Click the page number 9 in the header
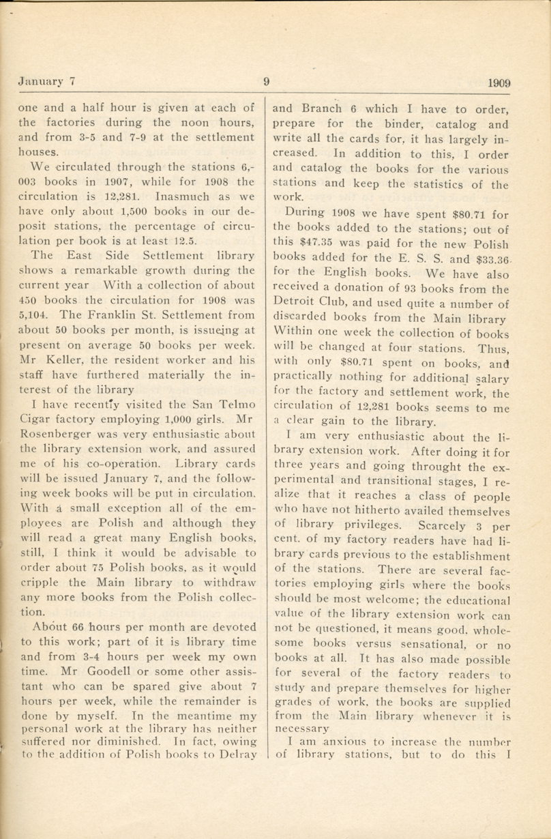[266, 82]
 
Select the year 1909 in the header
[500, 83]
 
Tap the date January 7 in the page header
[45, 82]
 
